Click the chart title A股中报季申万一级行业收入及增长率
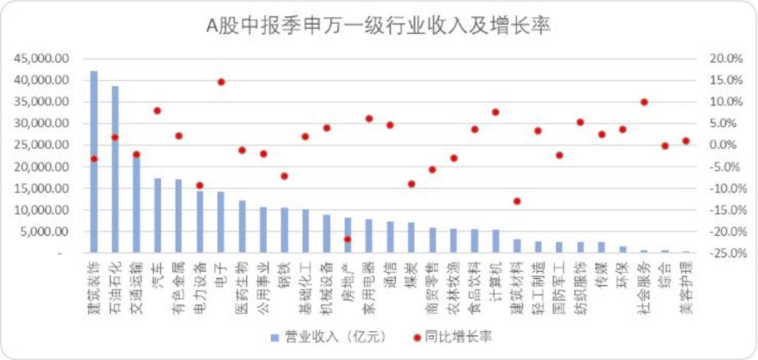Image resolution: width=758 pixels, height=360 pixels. (x=378, y=26)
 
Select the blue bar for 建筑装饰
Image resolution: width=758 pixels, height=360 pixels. (x=94, y=163)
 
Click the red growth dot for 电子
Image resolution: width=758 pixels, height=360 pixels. (x=221, y=82)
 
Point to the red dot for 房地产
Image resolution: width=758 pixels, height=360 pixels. (x=348, y=239)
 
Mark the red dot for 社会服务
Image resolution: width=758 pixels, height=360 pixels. (x=644, y=102)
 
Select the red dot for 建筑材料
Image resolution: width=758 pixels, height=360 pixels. (x=517, y=201)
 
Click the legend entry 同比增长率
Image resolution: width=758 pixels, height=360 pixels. (x=454, y=337)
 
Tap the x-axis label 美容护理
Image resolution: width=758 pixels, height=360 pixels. (x=686, y=288)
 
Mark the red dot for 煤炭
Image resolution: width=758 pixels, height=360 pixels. (x=412, y=184)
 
